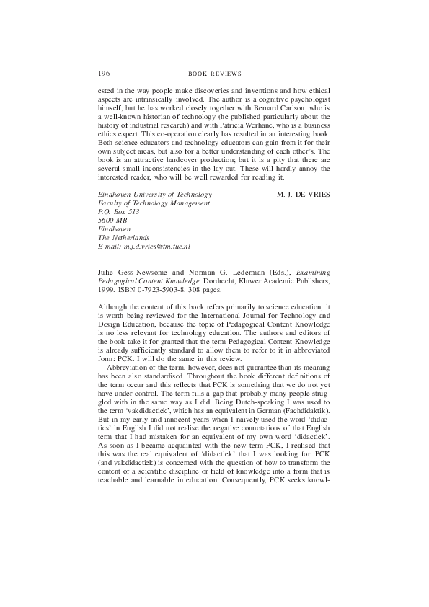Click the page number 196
coord(103,74)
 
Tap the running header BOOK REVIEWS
coord(214,74)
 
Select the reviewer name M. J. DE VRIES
coord(303,195)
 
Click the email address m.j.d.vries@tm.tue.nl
coord(154,247)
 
